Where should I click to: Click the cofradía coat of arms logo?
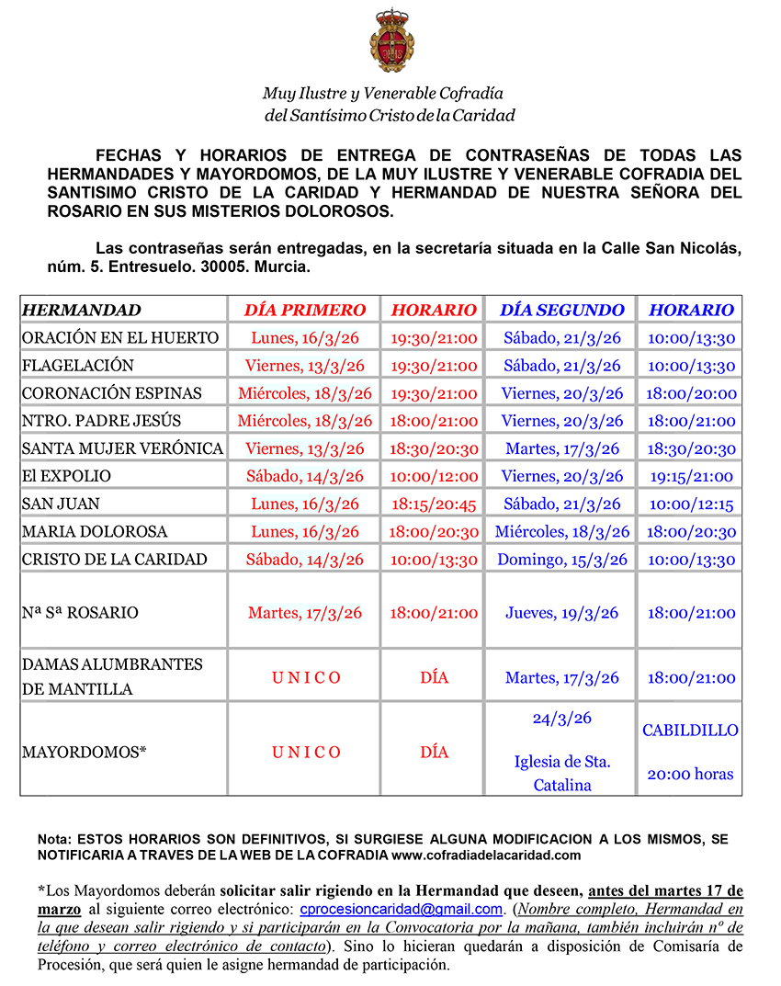click(x=390, y=41)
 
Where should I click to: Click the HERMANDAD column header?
click(x=82, y=310)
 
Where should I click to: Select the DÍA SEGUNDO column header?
click(x=562, y=310)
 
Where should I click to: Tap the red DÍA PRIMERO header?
click(x=305, y=310)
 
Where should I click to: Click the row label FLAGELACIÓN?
click(x=78, y=366)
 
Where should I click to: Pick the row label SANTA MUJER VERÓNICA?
click(x=122, y=448)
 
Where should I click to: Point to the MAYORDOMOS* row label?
click(x=85, y=752)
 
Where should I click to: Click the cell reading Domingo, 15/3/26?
click(x=562, y=560)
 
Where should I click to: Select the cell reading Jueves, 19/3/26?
click(x=562, y=613)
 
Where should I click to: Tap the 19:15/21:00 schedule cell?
click(x=691, y=476)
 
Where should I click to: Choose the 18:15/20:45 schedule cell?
click(x=435, y=504)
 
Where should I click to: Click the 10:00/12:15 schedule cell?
click(x=691, y=504)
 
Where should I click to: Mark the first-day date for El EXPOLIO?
click(x=305, y=476)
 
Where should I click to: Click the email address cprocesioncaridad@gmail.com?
click(x=402, y=910)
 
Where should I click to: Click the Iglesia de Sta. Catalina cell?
click(x=562, y=774)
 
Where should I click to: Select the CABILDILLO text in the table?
click(x=691, y=731)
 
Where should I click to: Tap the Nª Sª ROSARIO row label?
click(x=80, y=613)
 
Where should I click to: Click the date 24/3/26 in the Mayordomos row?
click(x=562, y=719)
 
